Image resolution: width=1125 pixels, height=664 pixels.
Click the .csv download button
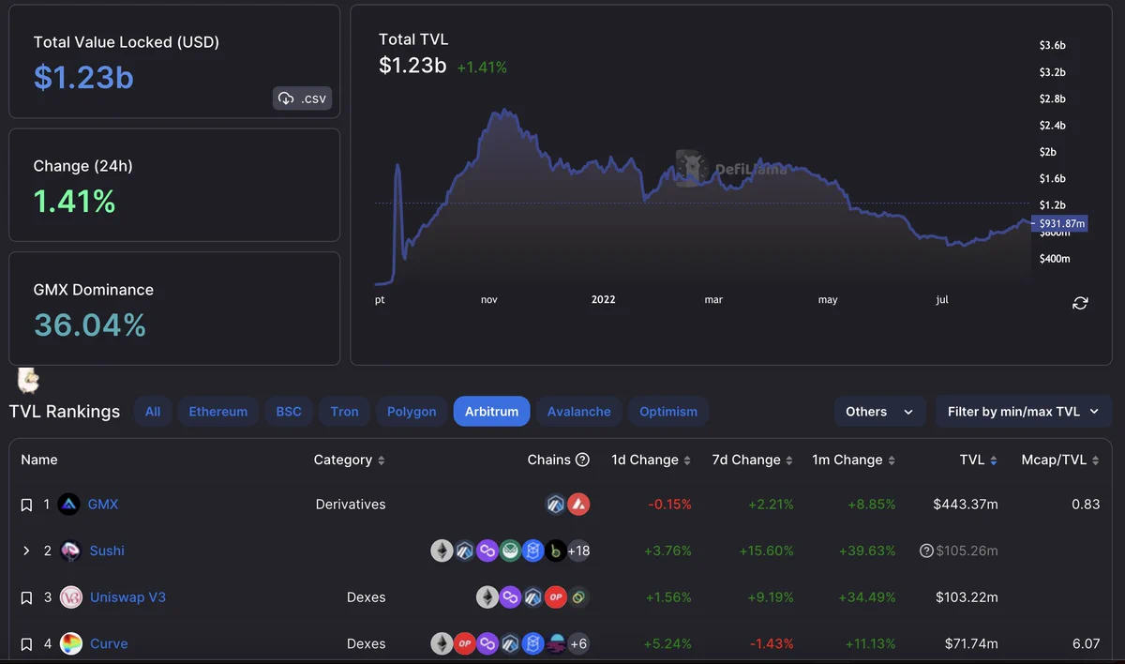coord(302,98)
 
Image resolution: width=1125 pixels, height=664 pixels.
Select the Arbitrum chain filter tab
coord(491,412)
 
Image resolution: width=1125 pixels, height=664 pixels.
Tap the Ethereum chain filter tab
coord(217,412)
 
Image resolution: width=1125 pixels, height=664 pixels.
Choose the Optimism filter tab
coord(667,412)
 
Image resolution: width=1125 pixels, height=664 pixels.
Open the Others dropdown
coord(879,412)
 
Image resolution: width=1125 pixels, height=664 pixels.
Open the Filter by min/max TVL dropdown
coord(1023,412)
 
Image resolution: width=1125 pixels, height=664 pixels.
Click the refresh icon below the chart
coord(1080,303)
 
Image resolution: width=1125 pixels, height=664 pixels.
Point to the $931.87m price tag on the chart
coord(1059,223)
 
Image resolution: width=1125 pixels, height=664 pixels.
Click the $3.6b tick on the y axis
coord(1052,45)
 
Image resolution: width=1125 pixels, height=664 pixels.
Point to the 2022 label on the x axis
coord(603,299)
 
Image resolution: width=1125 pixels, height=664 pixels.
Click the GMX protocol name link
coord(103,505)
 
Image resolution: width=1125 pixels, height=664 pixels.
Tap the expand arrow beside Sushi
coord(26,551)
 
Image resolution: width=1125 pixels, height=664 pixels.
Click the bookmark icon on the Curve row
coord(26,644)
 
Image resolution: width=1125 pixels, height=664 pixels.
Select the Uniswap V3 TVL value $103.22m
coord(967,597)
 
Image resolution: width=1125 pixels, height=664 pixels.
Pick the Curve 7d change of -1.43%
coord(772,644)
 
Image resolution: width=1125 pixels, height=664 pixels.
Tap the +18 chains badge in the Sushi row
coord(578,551)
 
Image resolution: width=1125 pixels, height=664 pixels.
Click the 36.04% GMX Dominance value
coord(90,325)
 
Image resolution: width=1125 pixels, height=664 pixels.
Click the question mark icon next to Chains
coord(582,460)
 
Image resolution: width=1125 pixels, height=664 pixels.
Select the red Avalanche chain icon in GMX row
coord(578,505)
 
